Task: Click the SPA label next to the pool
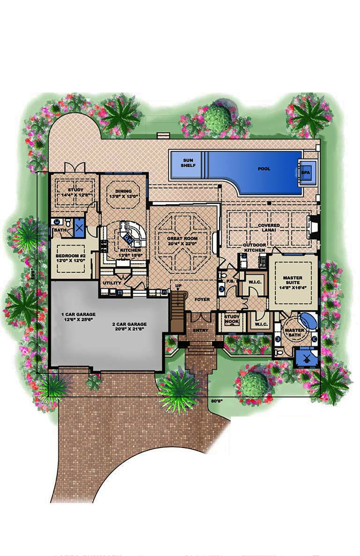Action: tap(305, 172)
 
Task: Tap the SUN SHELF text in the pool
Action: tap(188, 163)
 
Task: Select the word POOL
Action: tap(264, 169)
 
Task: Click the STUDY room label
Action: tap(75, 190)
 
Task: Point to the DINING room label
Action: tap(123, 191)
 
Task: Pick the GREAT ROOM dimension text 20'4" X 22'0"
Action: tap(183, 244)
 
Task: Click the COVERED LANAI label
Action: tap(269, 227)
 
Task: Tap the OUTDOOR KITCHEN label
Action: tap(255, 248)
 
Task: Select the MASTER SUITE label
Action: tap(293, 280)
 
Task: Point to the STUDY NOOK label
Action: tap(232, 319)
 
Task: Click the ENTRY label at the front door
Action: tap(201, 330)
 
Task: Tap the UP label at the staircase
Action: tap(178, 286)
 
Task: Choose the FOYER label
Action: tap(202, 299)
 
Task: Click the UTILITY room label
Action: tap(112, 283)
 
